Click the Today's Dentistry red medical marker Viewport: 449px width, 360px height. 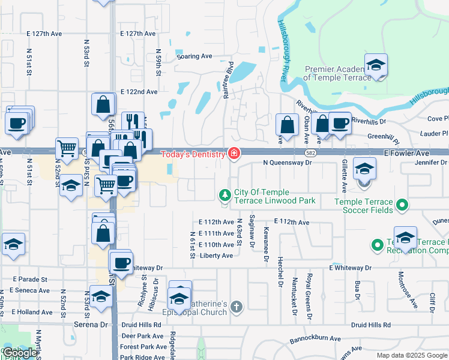coord(234,154)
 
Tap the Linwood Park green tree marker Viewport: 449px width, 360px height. coord(224,195)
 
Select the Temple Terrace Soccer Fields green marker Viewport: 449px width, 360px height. coord(402,206)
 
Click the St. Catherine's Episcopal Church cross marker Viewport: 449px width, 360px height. coord(236,308)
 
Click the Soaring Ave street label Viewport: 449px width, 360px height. coord(195,56)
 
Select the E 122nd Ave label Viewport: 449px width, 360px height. coord(139,92)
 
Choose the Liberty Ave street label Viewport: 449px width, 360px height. coord(216,256)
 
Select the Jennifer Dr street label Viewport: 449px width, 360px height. coord(430,163)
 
